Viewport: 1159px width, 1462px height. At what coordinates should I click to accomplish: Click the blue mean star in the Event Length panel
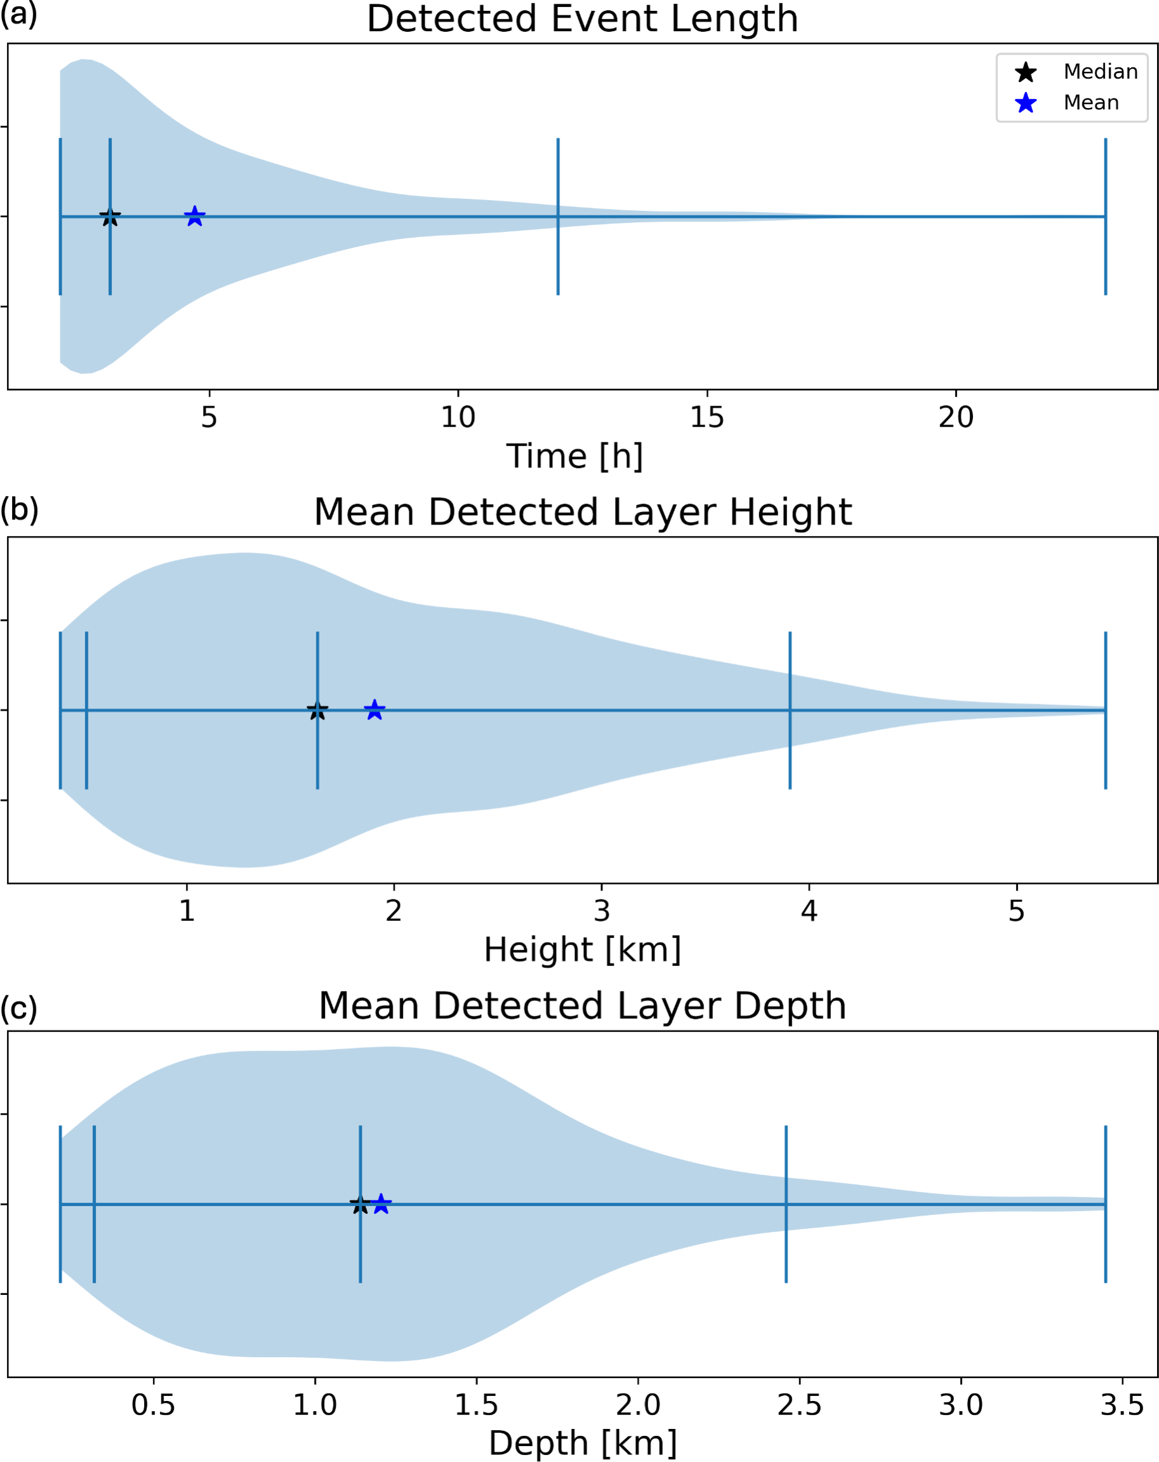[x=194, y=217]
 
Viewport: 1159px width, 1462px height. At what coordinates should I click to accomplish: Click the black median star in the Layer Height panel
[x=317, y=710]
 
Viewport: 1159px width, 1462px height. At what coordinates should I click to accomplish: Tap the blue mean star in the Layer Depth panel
[x=381, y=1204]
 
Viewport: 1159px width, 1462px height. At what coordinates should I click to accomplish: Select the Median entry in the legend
[x=1100, y=71]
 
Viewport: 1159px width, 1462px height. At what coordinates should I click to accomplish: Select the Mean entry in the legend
[x=1090, y=102]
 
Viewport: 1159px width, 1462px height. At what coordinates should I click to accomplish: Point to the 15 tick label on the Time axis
[x=707, y=417]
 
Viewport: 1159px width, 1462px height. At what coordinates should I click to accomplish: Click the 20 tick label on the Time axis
[x=956, y=417]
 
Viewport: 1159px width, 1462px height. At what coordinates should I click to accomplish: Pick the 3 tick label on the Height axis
[x=601, y=911]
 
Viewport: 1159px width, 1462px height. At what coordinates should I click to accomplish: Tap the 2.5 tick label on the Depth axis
[x=799, y=1404]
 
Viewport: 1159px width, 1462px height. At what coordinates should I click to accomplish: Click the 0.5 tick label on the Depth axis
[x=153, y=1404]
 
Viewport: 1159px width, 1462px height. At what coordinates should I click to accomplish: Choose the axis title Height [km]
[x=582, y=949]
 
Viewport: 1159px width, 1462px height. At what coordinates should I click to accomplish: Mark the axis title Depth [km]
[x=582, y=1443]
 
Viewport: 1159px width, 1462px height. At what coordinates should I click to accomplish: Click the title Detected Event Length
[x=582, y=18]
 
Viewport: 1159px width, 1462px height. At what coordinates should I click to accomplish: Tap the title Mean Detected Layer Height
[x=582, y=511]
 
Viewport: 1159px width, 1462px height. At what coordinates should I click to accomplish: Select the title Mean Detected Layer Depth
[x=582, y=1005]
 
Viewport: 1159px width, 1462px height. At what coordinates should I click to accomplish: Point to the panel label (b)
[x=19, y=509]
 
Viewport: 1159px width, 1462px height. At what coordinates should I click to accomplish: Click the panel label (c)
[x=18, y=1008]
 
